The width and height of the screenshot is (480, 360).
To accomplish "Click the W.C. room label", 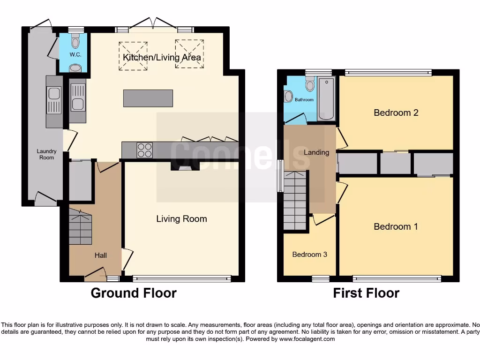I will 75,55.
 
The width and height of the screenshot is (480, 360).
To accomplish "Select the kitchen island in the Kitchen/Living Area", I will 148,98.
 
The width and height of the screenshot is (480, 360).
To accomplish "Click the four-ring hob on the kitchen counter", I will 144,150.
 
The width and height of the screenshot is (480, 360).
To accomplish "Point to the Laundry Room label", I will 46,154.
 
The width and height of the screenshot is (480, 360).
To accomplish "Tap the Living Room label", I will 181,218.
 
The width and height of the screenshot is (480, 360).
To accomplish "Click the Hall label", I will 101,255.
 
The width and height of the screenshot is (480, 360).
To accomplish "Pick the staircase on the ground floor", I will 81,227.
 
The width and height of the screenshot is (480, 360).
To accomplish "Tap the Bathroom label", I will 304,100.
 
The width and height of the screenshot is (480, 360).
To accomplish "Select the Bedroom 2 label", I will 396,112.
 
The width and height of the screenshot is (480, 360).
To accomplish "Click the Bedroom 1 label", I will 396,226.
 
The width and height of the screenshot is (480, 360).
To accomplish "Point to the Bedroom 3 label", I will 309,255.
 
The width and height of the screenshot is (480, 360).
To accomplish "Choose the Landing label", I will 316,152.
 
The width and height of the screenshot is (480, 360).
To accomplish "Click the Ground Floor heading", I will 134,293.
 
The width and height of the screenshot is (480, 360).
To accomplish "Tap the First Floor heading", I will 366,293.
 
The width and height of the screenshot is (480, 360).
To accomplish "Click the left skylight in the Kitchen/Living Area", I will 133,56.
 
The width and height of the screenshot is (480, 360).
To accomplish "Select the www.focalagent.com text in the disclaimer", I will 307,339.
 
